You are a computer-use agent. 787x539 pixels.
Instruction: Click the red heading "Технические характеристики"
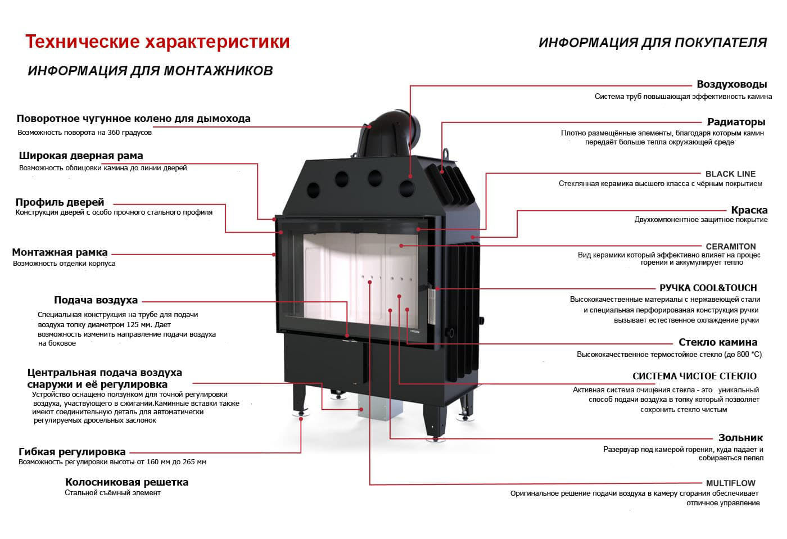[157, 42]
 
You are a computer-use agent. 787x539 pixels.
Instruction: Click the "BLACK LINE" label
[730, 174]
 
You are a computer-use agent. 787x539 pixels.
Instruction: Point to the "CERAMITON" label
[730, 246]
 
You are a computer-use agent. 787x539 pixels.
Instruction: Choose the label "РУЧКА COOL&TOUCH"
[708, 287]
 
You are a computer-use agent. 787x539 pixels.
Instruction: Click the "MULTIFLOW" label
[730, 483]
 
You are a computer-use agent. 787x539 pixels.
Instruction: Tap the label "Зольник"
[740, 438]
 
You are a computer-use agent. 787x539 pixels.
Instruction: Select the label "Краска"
[749, 210]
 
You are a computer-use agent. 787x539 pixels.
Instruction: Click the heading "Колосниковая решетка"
[126, 482]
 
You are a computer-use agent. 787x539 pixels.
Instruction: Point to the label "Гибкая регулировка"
[72, 452]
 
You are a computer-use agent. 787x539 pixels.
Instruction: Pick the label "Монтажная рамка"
[60, 252]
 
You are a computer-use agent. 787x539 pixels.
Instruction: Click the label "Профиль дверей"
[60, 202]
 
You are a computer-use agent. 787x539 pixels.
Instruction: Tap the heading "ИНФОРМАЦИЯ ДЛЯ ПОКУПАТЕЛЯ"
[652, 43]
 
